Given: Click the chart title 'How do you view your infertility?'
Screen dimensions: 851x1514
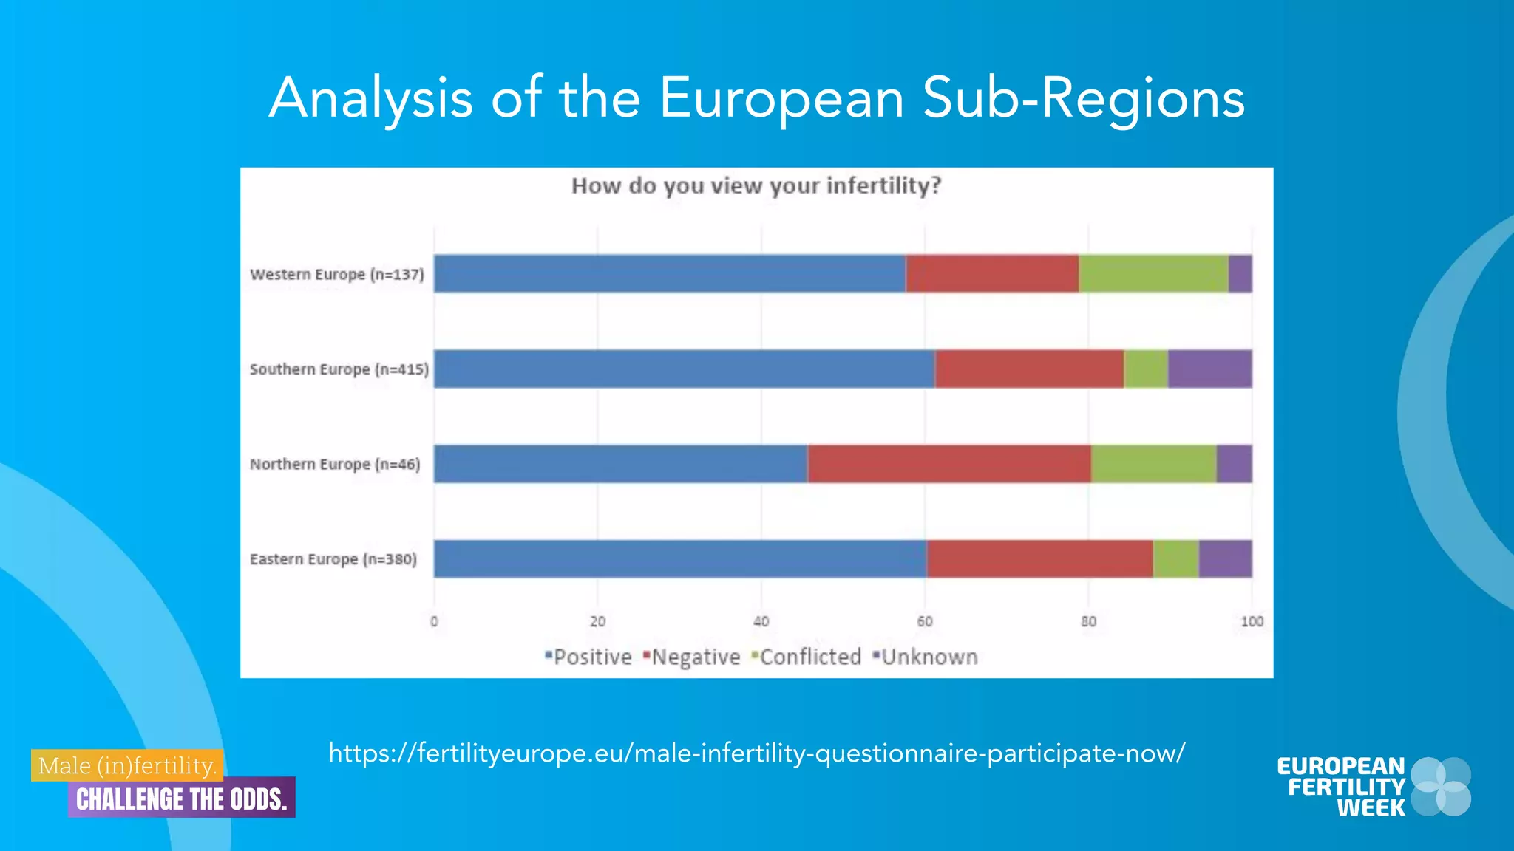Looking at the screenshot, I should tap(756, 185).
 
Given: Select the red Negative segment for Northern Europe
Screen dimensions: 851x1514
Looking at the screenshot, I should tap(948, 464).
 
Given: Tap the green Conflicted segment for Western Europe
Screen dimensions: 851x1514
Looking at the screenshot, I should tap(1153, 274).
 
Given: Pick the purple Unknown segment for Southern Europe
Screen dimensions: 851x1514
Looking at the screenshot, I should tap(1209, 369).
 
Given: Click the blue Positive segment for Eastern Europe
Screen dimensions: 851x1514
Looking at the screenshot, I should tap(680, 558).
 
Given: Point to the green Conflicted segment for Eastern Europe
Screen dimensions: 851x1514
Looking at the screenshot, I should tap(1175, 558).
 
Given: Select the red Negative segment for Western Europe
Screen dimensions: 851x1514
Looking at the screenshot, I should tap(992, 274).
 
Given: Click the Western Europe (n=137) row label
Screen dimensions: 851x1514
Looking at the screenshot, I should tap(337, 275).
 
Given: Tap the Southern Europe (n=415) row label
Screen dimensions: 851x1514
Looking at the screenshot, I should tap(339, 369).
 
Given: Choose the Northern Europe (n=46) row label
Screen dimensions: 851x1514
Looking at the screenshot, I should tap(335, 465).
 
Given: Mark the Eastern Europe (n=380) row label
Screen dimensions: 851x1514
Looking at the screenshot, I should tap(333, 559).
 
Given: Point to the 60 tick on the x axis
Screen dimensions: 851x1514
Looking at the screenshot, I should tap(924, 622).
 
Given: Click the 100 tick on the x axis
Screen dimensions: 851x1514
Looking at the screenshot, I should tap(1252, 622).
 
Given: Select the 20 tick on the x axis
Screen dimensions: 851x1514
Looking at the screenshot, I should tap(597, 622).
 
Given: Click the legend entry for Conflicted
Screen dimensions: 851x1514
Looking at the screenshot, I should tap(807, 657).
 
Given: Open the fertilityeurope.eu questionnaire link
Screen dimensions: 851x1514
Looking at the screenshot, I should tap(756, 753).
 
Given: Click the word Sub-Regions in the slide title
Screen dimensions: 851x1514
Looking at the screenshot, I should tap(1083, 98).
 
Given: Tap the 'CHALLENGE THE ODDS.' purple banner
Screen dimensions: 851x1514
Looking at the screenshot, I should tap(181, 799).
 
